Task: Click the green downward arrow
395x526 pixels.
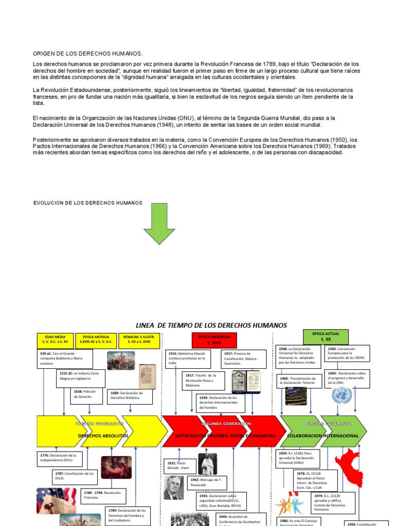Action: click(159, 222)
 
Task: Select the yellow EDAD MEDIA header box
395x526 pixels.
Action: click(55, 340)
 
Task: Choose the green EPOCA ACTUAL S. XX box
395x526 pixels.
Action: click(326, 336)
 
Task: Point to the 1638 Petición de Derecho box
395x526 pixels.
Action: click(87, 394)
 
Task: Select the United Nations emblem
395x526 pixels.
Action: click(340, 396)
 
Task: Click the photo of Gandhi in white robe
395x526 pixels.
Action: click(208, 464)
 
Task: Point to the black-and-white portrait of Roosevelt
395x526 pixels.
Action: click(173, 488)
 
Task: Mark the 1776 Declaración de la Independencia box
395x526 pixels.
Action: click(60, 458)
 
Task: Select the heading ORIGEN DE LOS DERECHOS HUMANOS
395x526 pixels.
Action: click(87, 53)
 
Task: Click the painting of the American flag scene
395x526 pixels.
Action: click(116, 467)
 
